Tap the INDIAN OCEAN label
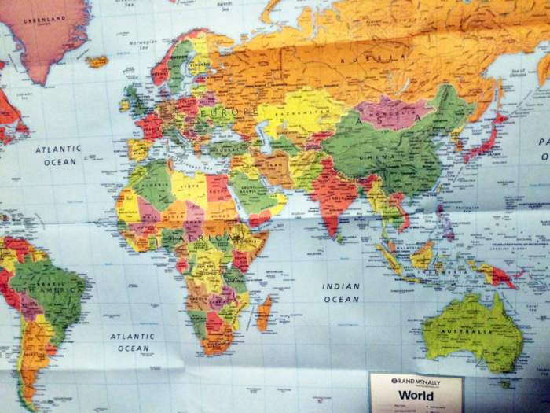point(341,292)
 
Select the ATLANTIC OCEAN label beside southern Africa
point(133,342)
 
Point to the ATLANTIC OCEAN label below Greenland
point(60,154)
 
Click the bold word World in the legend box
point(416,395)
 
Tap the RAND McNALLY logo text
point(416,380)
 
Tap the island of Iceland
point(97,61)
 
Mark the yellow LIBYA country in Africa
point(189,187)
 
